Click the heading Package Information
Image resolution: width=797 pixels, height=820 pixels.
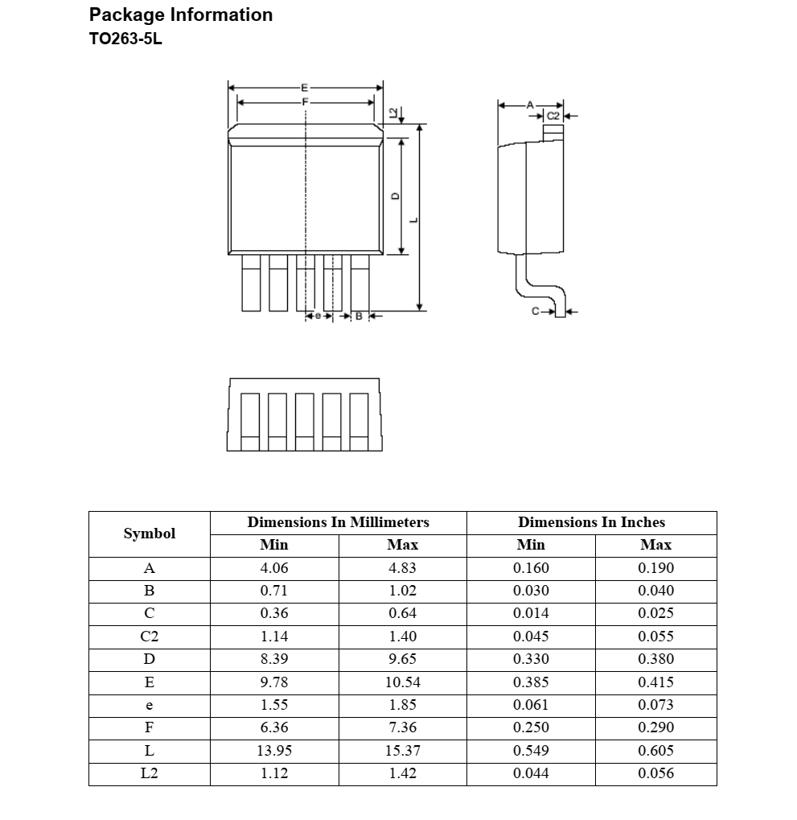tap(181, 15)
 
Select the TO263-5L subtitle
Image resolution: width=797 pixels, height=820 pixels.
tap(125, 39)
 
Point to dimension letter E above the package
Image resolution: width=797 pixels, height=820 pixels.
tap(304, 86)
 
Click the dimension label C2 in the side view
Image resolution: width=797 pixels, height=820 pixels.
tap(553, 116)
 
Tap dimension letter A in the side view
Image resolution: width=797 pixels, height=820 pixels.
tap(530, 105)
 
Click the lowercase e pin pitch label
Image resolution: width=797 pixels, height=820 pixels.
tap(318, 316)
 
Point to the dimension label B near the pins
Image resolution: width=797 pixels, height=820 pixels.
tap(359, 316)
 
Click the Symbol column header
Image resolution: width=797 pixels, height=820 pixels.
tap(149, 534)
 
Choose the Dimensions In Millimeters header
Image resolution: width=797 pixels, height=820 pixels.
tap(338, 522)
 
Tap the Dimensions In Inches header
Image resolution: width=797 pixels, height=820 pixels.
tap(591, 522)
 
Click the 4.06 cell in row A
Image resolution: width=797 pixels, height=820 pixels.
tap(274, 568)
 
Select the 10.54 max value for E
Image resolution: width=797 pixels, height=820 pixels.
tap(402, 682)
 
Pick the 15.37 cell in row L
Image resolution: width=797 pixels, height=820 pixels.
tap(402, 751)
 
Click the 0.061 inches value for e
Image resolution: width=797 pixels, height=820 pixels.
tap(531, 705)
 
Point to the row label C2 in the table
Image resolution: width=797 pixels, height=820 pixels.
tap(149, 637)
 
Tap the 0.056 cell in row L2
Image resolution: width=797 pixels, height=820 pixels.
tap(655, 773)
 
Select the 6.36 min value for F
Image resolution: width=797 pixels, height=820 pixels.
tap(274, 727)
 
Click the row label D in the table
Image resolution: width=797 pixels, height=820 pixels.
tap(149, 659)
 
